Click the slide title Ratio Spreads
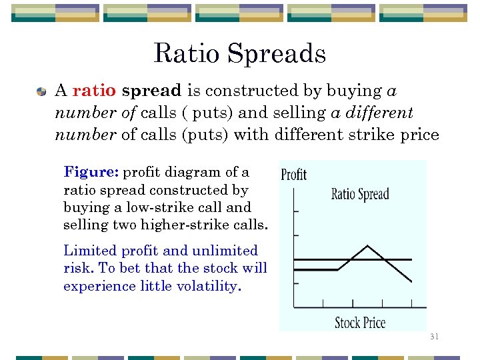(239, 53)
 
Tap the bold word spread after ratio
(152, 91)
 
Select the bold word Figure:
(91, 172)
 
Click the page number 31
(434, 337)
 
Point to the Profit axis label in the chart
(293, 175)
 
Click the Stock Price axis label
(360, 323)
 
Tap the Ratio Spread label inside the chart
(360, 195)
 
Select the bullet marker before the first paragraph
(41, 91)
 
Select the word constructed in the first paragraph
(239, 90)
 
